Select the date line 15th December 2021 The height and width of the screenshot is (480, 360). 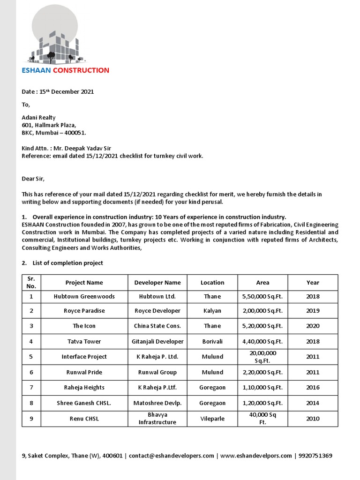[58, 92]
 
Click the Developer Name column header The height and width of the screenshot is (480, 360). [157, 283]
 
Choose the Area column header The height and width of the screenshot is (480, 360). [262, 283]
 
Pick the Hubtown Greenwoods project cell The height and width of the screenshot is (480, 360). [84, 297]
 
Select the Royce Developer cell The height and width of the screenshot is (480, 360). [157, 311]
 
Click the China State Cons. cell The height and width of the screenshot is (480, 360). [157, 326]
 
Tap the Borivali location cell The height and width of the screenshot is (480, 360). [212, 342]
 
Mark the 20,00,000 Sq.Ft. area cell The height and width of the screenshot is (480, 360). [262, 357]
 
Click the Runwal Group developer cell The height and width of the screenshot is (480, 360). [157, 372]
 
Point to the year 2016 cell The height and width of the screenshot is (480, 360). [313, 388]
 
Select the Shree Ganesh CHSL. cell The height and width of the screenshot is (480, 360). [84, 403]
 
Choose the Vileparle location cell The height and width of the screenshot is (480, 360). [212, 419]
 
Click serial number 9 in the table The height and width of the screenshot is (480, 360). [31, 419]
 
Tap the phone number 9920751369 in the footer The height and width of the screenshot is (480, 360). [315, 456]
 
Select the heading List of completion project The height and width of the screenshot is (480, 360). [67, 263]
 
